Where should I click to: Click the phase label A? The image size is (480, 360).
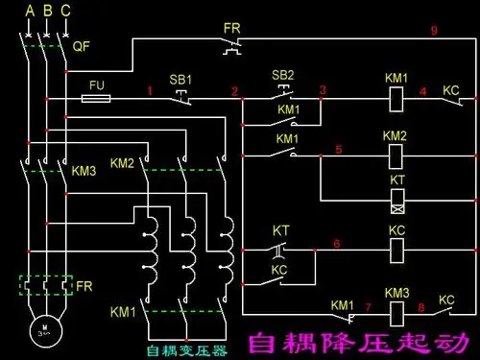tap(29, 12)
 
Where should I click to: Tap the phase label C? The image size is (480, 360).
tap(65, 12)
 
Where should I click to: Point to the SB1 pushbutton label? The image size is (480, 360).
tap(180, 77)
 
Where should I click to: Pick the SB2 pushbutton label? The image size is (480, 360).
tap(283, 74)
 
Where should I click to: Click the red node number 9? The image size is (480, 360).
tap(434, 31)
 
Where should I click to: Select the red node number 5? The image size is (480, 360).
tap(337, 149)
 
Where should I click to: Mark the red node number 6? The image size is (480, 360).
tap(336, 244)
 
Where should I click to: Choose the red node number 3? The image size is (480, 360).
tap(323, 89)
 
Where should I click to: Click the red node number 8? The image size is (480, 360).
tap(420, 307)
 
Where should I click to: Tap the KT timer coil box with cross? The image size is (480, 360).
tap(396, 201)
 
